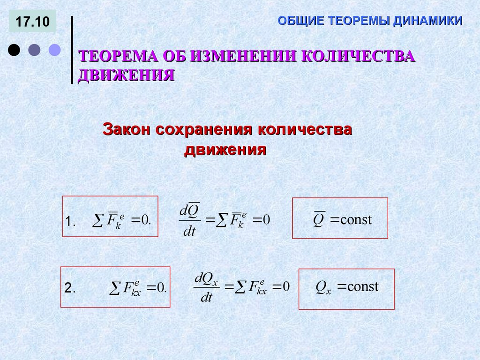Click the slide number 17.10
(x=32, y=22)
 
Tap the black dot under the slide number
(x=14, y=50)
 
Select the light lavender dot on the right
(x=55, y=50)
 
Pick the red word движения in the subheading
(x=225, y=150)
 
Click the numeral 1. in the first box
(x=70, y=221)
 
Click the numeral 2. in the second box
(x=70, y=289)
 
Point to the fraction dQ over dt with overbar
(x=189, y=220)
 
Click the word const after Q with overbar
(x=356, y=219)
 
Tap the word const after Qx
(x=362, y=287)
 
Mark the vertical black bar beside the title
(x=72, y=50)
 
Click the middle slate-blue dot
(x=34, y=50)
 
